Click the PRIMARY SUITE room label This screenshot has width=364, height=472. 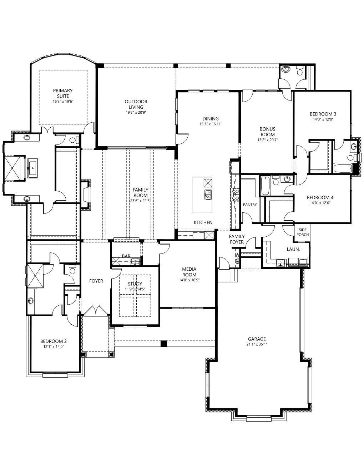pos(63,93)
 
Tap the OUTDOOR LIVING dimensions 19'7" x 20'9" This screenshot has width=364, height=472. pos(136,113)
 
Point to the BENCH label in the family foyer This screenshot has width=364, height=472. pos(237,259)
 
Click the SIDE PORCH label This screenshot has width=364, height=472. pos(302,232)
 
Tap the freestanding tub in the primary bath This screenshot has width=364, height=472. pos(32,167)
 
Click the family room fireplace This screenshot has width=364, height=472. pos(86,195)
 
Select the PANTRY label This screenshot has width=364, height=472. pos(250,205)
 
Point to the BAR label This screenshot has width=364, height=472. pos(126,256)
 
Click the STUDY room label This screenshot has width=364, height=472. pos(135,284)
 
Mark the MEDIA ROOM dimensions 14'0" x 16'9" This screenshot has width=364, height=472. pos(189,280)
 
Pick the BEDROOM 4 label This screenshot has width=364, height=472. pos(320,197)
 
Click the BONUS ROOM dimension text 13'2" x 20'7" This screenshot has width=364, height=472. pos(268,140)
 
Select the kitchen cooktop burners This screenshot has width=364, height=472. pos(236,195)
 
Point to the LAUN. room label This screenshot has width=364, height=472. pos(293,249)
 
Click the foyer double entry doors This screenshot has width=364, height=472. pos(96,310)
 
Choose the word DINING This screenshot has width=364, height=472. pos(211,119)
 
